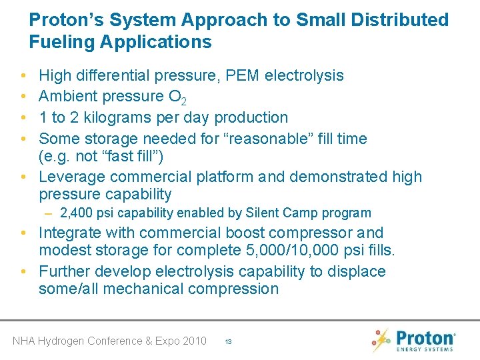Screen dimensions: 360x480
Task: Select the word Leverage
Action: pyautogui.click(x=72, y=177)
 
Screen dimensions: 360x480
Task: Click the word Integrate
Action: pyautogui.click(x=71, y=233)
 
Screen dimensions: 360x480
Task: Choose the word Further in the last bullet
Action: pyautogui.click(x=64, y=272)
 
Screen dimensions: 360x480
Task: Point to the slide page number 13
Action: pyautogui.click(x=228, y=341)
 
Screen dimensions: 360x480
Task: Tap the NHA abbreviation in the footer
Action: pyautogui.click(x=25, y=341)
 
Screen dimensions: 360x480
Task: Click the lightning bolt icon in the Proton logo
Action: pyautogui.click(x=381, y=340)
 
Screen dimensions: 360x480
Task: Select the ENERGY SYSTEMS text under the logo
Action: pyautogui.click(x=425, y=349)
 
